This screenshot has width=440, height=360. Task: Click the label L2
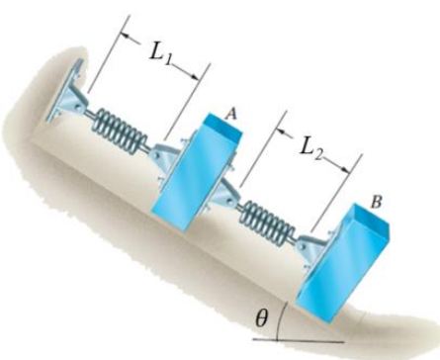(314, 149)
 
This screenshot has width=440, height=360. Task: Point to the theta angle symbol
(261, 318)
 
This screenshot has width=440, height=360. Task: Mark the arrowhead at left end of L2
(277, 127)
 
